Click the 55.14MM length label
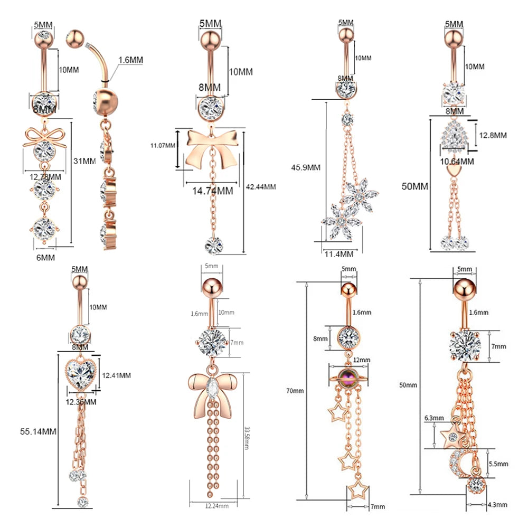[x=36, y=431]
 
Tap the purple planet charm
[x=348, y=375]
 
